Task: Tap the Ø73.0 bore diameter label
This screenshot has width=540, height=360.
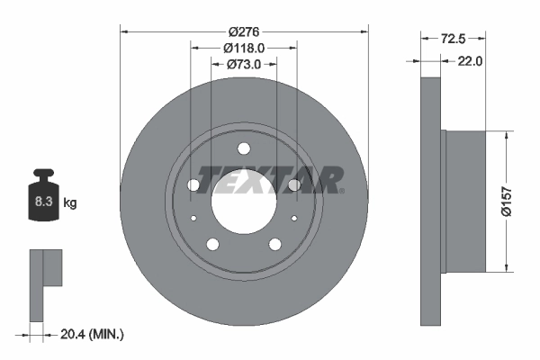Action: pyautogui.click(x=243, y=64)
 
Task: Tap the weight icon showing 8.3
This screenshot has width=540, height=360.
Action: pyautogui.click(x=43, y=201)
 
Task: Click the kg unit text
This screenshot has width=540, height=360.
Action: pyautogui.click(x=70, y=203)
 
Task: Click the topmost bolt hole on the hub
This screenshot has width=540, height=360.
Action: pyautogui.click(x=244, y=149)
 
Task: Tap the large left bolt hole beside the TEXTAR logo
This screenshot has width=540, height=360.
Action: pyautogui.click(x=193, y=185)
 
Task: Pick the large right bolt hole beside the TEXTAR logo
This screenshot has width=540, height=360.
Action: pyautogui.click(x=294, y=185)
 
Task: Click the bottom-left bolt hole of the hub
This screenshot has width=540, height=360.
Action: pyautogui.click(x=212, y=245)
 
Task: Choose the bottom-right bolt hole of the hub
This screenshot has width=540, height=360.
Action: pyautogui.click(x=274, y=245)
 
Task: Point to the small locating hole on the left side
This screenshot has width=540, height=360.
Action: pyautogui.click(x=193, y=218)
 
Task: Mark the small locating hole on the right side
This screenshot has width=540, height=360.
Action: pyautogui.click(x=293, y=218)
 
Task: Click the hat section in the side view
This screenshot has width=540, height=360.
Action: pyautogui.click(x=464, y=201)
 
